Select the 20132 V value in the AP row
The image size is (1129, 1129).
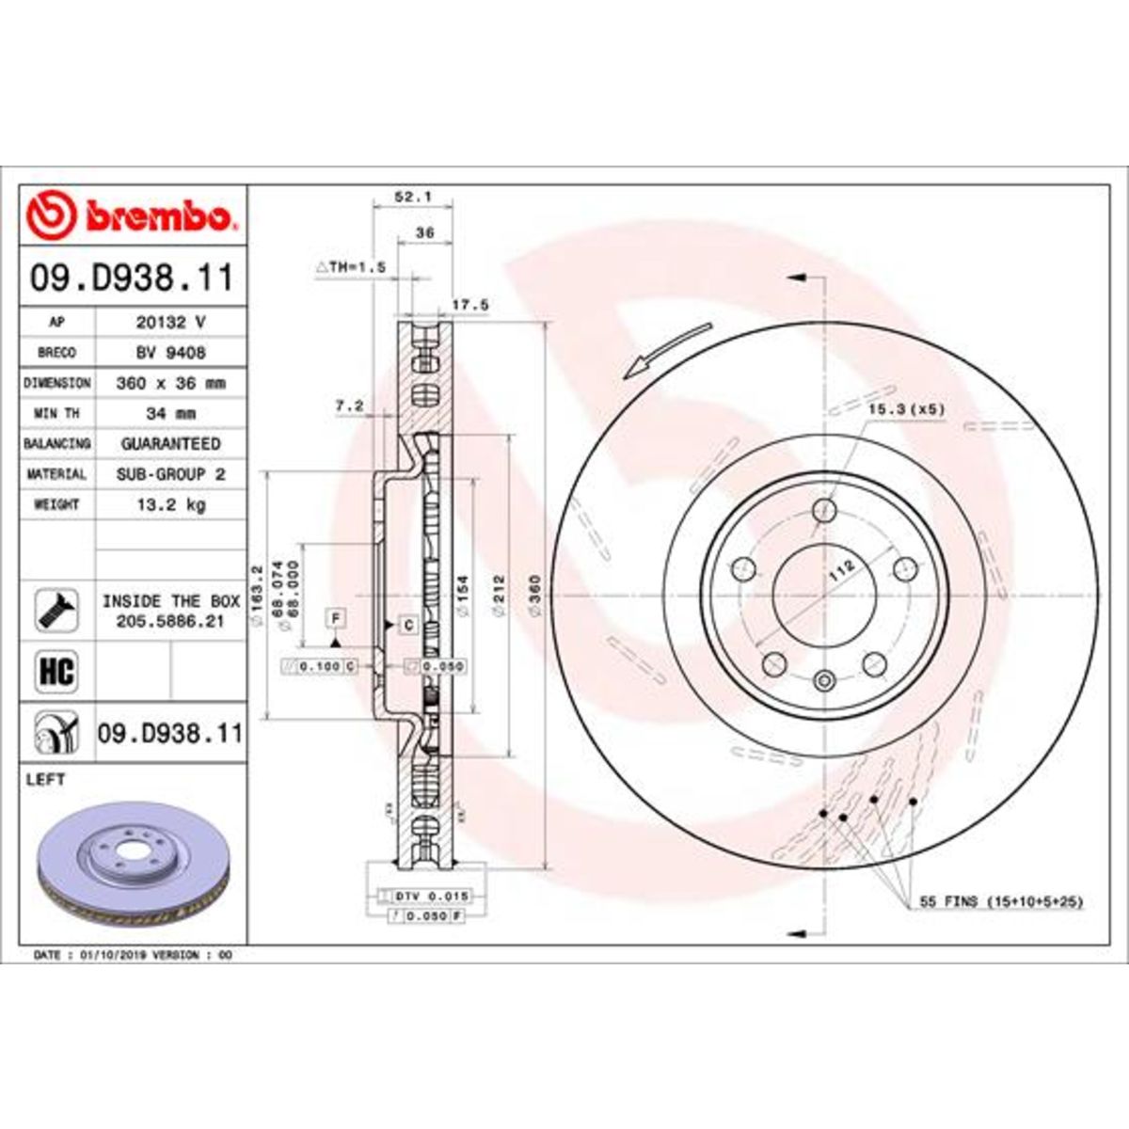pos(170,322)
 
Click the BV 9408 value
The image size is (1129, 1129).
pos(170,353)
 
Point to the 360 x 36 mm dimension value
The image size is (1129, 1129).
pos(170,383)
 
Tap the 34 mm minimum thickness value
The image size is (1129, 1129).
pos(170,413)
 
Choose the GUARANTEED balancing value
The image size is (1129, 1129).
pos(170,443)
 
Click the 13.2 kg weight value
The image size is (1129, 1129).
pos(170,505)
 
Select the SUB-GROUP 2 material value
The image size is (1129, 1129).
pos(170,474)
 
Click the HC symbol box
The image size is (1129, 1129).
pos(56,672)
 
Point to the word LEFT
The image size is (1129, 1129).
pos(49,780)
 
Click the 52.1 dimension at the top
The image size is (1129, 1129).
pos(412,198)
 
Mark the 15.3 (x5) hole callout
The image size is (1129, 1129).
pos(904,409)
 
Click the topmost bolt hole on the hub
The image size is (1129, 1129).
pos(824,511)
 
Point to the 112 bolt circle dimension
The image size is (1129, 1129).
pos(841,567)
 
